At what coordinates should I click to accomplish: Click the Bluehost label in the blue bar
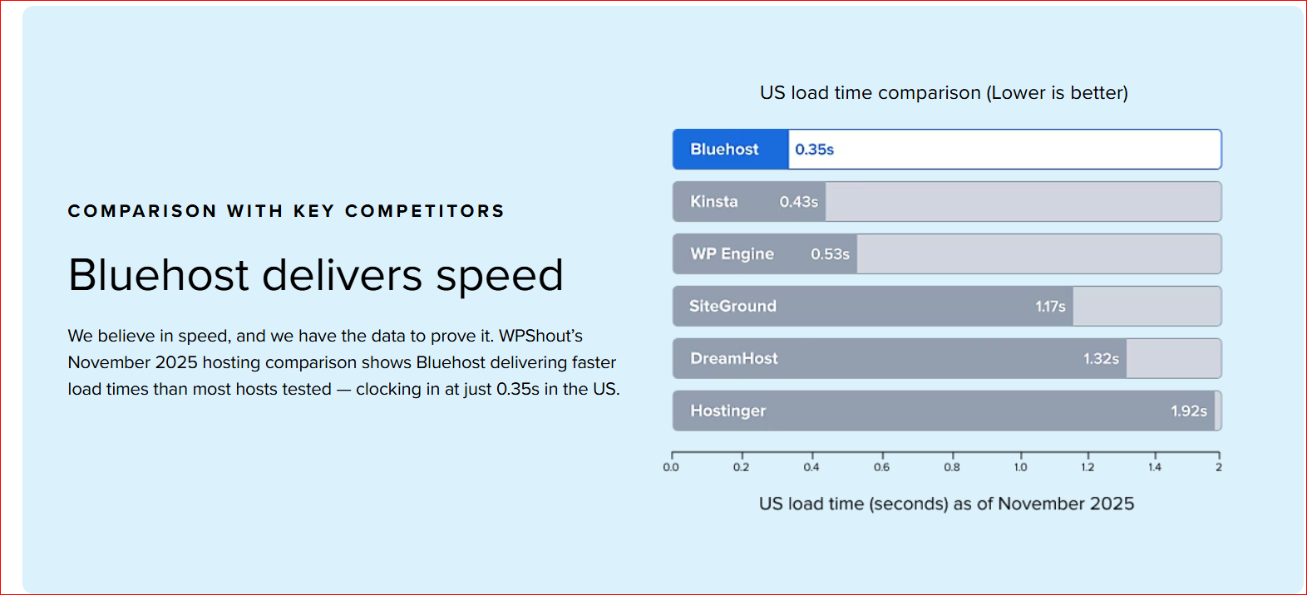[724, 150]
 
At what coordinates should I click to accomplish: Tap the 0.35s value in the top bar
[814, 150]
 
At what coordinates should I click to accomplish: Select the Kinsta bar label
[714, 201]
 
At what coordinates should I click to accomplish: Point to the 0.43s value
[799, 202]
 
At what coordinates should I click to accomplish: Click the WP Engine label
[732, 253]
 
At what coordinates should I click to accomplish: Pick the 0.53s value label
[830, 254]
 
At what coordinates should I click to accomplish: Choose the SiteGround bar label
[732, 307]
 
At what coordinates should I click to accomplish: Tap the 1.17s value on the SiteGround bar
[1050, 307]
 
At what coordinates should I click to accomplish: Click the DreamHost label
[734, 358]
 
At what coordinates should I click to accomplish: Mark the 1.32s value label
[1101, 359]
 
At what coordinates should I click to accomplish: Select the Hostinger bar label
[728, 411]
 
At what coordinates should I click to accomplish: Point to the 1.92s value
[1189, 411]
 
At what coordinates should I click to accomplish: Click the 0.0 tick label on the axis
[671, 467]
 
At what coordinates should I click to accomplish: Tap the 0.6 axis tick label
[881, 467]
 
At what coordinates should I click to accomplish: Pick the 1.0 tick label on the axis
[1020, 467]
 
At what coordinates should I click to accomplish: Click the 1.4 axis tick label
[1155, 467]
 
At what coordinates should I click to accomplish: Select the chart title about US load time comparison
[944, 93]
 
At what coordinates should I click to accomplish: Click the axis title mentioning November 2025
[946, 504]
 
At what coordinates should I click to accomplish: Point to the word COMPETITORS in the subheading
[424, 210]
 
